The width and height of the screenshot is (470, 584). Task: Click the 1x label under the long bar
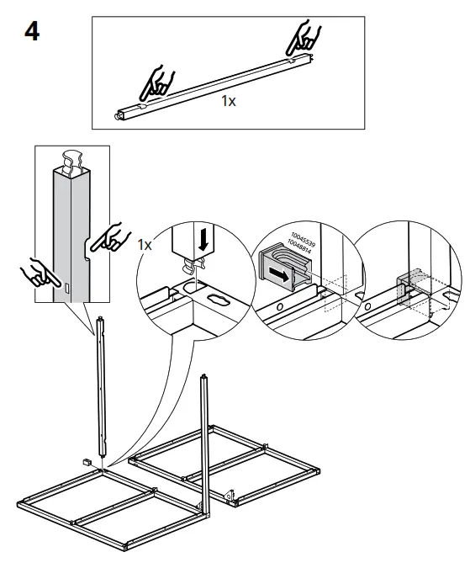[x=228, y=101]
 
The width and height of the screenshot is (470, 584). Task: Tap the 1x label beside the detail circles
[x=145, y=244]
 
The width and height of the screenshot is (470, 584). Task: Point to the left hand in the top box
[x=156, y=82]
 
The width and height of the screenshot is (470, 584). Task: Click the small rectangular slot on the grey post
[x=66, y=289]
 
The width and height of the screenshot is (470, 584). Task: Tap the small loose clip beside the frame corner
[x=87, y=462]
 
